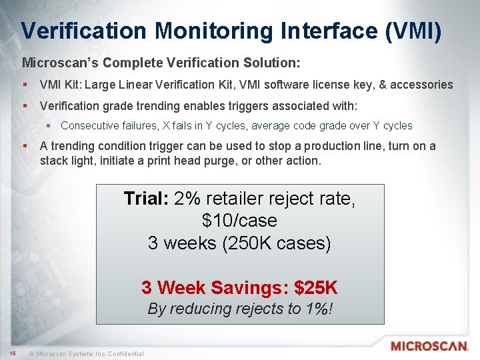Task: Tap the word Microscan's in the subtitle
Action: tap(57, 63)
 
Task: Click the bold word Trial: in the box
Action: tap(147, 199)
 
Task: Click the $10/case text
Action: tap(239, 221)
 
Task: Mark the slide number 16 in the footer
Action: tap(12, 353)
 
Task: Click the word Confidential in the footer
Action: tap(121, 353)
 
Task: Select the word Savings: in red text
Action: tap(251, 288)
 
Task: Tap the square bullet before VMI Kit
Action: tap(25, 85)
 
